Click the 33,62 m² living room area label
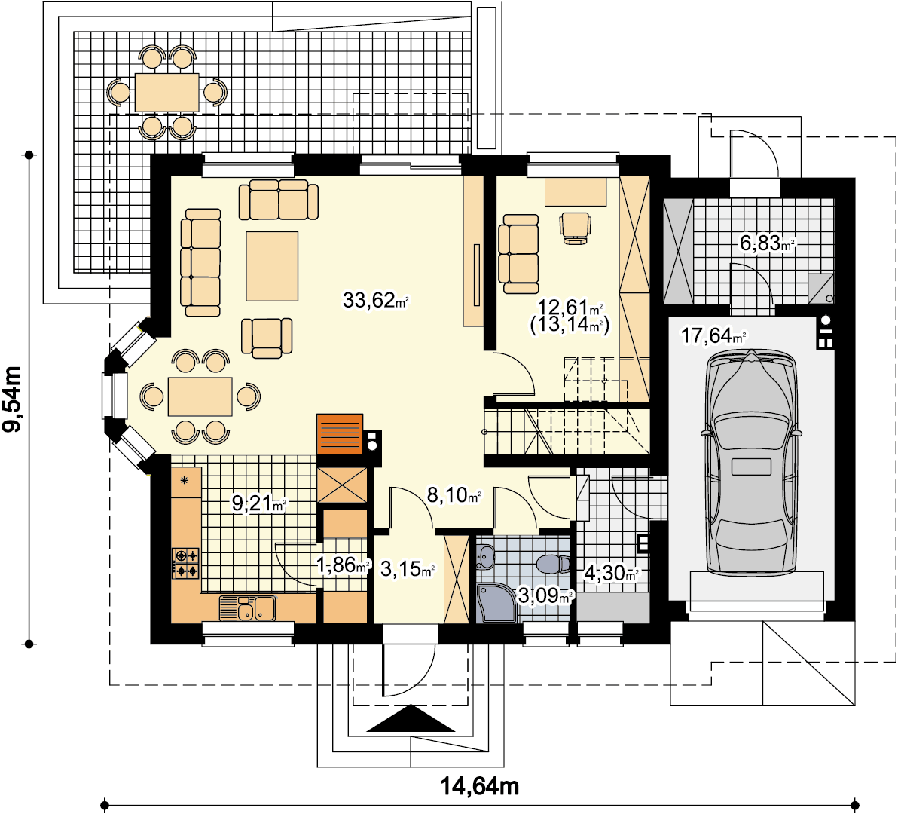pos(376,300)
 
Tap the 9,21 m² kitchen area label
pos(259,503)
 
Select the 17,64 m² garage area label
pos(713,335)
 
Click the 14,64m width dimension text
pos(479,787)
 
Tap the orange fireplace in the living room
pos(340,434)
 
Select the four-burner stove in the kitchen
pos(185,563)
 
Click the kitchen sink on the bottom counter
pos(247,608)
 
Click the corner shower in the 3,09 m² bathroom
pos(496,603)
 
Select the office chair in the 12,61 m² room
pos(575,228)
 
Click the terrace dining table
pos(166,92)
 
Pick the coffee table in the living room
pos(272,266)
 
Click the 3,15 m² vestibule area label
pos(408,569)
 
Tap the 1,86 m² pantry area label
pos(344,565)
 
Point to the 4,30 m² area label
pos(611,573)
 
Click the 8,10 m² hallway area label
pos(454,495)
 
